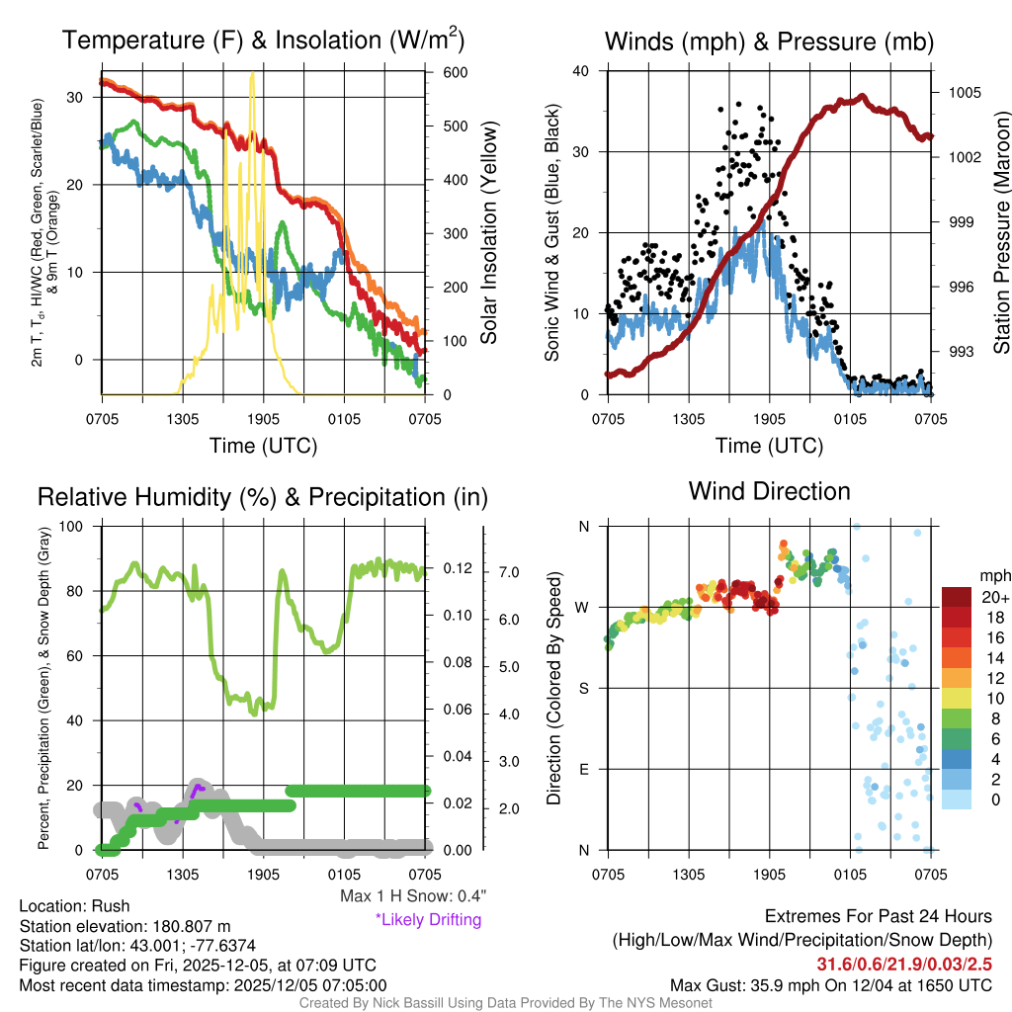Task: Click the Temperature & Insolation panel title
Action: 263,41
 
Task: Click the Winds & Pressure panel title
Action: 769,42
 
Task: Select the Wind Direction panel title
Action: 769,491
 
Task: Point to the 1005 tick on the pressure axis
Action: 964,93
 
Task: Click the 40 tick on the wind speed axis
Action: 581,71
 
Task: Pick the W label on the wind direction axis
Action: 583,607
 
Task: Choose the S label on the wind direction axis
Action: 584,688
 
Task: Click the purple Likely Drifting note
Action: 428,920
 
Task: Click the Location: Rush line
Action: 74,906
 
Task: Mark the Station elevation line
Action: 125,926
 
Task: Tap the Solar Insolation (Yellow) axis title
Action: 489,233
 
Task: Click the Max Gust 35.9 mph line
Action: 831,985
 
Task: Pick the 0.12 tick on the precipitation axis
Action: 455,569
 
